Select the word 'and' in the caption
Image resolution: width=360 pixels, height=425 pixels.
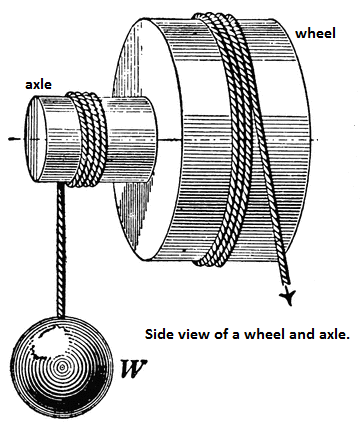[290, 333]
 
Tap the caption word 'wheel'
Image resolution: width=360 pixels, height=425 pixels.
[254, 333]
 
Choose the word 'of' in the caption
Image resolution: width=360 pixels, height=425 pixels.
[224, 333]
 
